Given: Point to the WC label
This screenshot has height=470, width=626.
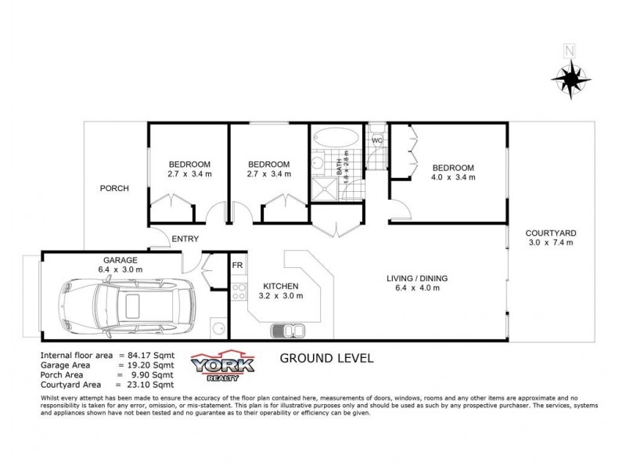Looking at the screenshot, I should tap(376, 141).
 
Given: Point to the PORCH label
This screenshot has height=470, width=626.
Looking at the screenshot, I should tap(113, 188).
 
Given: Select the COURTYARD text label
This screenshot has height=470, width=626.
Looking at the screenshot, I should tap(551, 233).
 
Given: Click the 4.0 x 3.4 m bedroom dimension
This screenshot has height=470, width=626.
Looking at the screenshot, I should tap(453, 178).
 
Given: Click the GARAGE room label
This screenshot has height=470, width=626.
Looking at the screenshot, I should tap(121, 260).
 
